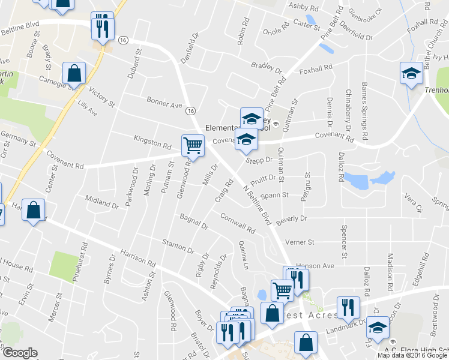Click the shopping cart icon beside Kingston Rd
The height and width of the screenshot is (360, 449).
[192, 145]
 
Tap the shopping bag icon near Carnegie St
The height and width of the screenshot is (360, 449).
[73, 74]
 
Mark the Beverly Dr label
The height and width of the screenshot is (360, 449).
[292, 218]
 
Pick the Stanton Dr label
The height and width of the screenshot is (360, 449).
[178, 245]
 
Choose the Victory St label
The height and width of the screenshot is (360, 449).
[101, 96]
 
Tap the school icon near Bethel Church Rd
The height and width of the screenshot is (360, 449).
[412, 74]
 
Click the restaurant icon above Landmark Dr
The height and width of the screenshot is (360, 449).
[348, 308]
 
